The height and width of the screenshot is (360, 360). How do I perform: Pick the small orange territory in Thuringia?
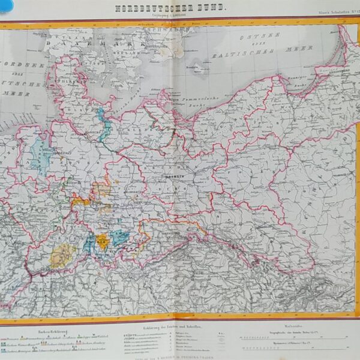[x=103, y=242]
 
